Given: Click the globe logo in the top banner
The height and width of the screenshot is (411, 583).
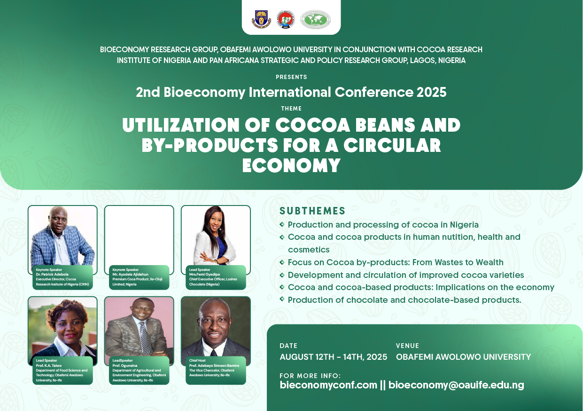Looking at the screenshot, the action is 315,19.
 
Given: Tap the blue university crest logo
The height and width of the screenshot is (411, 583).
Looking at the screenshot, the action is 261,19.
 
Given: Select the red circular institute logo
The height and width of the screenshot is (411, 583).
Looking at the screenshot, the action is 286,19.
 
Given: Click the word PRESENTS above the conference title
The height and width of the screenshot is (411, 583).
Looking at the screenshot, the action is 291,77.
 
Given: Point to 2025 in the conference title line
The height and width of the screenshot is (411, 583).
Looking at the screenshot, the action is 432,92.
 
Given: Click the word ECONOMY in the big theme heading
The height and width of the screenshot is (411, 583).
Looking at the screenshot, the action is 291,166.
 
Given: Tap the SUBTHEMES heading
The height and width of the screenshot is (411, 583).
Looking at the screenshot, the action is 312,211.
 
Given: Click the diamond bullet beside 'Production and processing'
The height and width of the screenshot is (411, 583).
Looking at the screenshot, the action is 282,224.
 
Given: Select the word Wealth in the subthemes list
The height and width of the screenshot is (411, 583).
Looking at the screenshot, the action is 490,262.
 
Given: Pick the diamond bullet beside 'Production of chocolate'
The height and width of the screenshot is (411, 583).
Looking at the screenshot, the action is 282,299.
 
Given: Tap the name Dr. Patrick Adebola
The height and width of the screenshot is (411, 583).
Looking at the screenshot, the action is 52,274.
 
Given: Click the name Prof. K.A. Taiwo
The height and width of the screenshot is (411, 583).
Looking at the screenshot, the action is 49,365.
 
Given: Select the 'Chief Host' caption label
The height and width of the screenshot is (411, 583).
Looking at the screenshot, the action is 197,361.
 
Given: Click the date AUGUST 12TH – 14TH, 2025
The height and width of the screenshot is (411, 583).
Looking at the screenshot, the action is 334,357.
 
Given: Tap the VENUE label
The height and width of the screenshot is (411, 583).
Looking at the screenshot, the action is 407,346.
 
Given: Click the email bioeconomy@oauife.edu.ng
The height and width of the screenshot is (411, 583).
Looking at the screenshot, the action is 456,385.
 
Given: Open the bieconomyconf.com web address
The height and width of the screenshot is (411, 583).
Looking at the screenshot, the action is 328,385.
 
